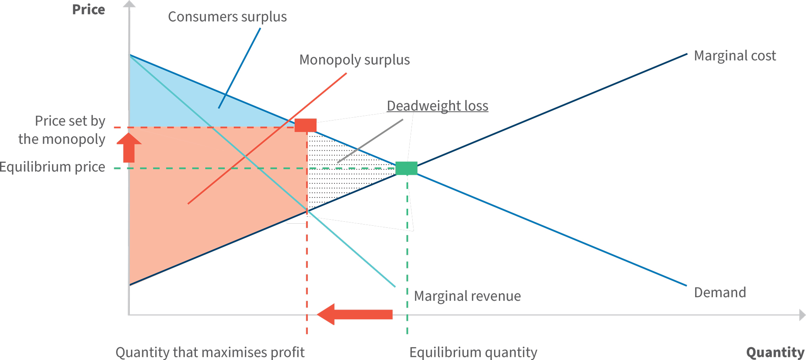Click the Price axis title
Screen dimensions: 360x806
[88, 10]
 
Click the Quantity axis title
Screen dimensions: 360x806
[775, 352]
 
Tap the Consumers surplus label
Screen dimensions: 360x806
[227, 17]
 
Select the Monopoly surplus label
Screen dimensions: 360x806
[354, 60]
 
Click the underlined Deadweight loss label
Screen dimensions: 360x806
[437, 106]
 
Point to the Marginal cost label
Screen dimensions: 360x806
[735, 56]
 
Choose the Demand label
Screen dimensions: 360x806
[720, 292]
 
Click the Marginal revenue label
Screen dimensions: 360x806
[467, 296]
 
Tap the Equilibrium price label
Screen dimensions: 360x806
[52, 167]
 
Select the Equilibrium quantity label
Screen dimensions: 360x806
[473, 352]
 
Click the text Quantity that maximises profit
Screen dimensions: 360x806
[210, 352]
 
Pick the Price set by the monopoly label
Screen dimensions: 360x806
[62, 130]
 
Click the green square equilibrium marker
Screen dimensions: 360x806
[406, 168]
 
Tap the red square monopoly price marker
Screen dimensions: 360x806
[305, 125]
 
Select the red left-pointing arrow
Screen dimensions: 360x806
[355, 314]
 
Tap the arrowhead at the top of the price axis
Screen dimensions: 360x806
[129, 4]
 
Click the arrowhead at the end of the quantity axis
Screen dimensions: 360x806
[802, 315]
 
